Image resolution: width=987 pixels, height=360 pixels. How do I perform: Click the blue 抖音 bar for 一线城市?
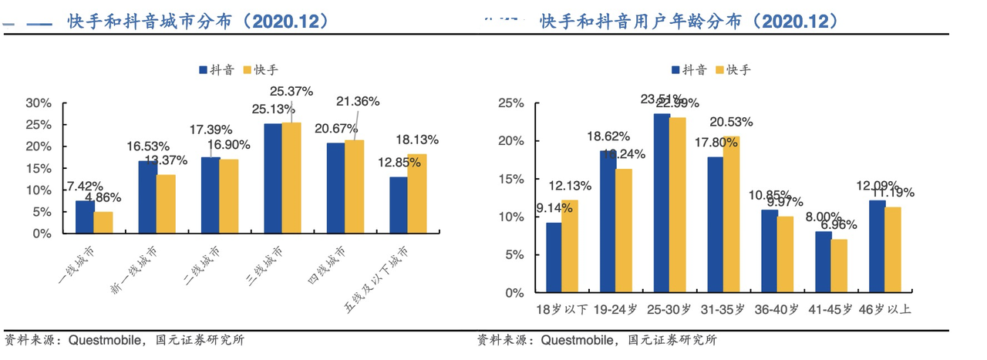(85, 217)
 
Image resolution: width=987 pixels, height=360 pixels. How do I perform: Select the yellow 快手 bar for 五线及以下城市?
(416, 193)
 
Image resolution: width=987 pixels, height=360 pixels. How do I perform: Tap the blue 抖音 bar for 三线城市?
(273, 178)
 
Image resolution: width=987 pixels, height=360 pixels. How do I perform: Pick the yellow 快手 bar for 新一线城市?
(166, 204)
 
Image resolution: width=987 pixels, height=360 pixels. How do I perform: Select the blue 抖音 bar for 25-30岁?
(662, 203)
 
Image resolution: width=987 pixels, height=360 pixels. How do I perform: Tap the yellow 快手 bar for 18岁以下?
(570, 246)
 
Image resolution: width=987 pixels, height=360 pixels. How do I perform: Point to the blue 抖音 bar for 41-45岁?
(823, 262)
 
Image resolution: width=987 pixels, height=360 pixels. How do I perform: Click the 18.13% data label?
(416, 140)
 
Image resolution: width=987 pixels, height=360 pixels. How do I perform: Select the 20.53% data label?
(731, 122)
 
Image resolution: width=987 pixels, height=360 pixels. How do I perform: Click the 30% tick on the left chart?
(39, 103)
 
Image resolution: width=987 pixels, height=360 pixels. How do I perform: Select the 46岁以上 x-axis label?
(884, 310)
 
